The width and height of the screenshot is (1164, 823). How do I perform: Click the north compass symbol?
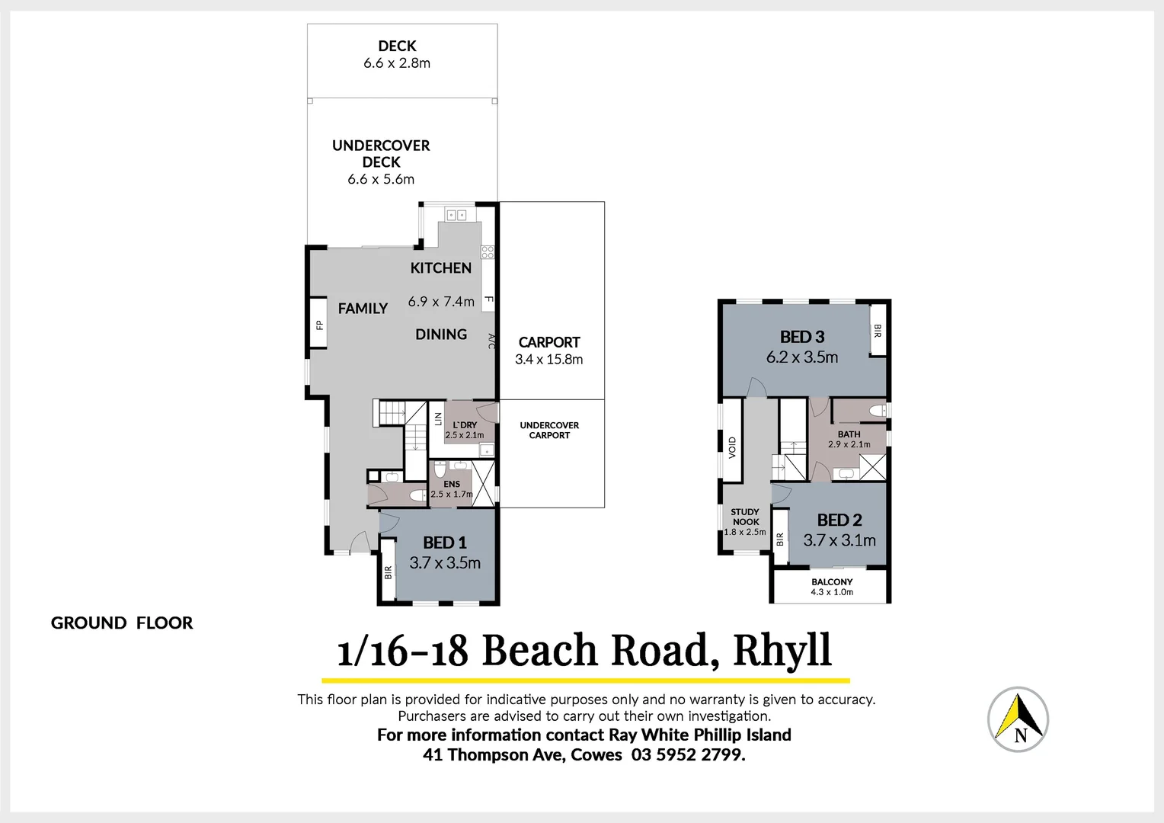pyautogui.click(x=1018, y=719)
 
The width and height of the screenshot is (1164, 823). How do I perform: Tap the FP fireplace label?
pyautogui.click(x=319, y=325)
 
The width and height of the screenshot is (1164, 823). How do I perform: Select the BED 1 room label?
pyautogui.click(x=445, y=543)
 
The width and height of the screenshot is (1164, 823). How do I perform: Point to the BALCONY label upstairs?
pyautogui.click(x=832, y=581)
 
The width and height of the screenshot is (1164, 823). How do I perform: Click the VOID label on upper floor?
pyautogui.click(x=732, y=447)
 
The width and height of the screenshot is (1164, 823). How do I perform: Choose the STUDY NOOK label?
pyautogui.click(x=745, y=517)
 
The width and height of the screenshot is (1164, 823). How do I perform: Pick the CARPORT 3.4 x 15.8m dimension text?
pyautogui.click(x=548, y=360)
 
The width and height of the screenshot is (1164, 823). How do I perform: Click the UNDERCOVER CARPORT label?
pyautogui.click(x=549, y=431)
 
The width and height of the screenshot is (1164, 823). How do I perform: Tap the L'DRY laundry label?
pyautogui.click(x=465, y=425)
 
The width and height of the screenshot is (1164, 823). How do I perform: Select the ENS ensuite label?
pyautogui.click(x=452, y=484)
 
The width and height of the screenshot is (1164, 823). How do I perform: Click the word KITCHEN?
pyautogui.click(x=441, y=268)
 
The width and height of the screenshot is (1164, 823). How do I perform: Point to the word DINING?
pyautogui.click(x=441, y=335)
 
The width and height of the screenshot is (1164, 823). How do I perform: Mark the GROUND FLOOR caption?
pyautogui.click(x=122, y=623)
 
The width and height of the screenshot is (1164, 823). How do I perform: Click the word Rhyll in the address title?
pyautogui.click(x=782, y=651)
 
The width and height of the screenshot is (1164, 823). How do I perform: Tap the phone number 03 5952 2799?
pyautogui.click(x=688, y=755)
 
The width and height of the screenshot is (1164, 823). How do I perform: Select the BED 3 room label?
pyautogui.click(x=802, y=337)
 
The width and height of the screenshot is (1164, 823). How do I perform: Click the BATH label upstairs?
pyautogui.click(x=849, y=434)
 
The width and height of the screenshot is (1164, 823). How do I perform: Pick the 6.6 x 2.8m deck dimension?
pyautogui.click(x=397, y=63)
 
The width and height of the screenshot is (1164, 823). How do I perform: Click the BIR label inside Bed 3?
pyautogui.click(x=878, y=331)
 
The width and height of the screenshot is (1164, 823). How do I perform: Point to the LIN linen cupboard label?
pyautogui.click(x=438, y=419)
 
